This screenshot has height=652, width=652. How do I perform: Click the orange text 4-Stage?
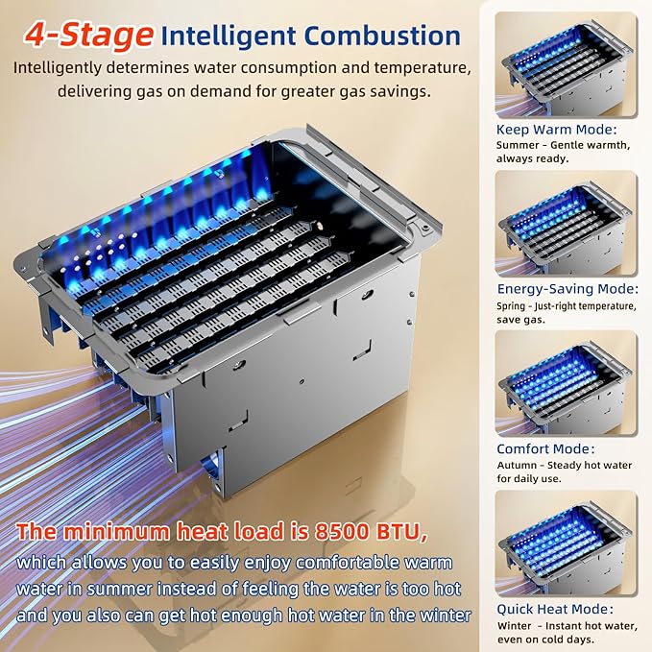pos(88,36)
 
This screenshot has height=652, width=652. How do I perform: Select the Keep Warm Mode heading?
pos(556,130)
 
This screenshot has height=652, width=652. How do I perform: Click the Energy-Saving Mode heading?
pos(567,289)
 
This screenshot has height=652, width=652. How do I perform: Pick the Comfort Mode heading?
pos(545,449)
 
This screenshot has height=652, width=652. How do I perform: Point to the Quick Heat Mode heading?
pos(555,609)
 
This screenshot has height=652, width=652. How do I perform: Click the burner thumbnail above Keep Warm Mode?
pos(566,65)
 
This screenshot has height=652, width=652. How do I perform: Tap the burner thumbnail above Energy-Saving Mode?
pos(566,224)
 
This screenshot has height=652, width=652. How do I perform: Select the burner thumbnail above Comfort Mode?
pos(566,383)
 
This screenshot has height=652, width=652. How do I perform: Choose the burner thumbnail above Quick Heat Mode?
pos(566,543)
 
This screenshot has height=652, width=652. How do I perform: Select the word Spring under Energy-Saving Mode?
pos(511,306)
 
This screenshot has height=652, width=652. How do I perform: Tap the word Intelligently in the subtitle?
pos(58,68)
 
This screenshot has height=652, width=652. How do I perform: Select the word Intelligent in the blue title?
pos(229,36)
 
